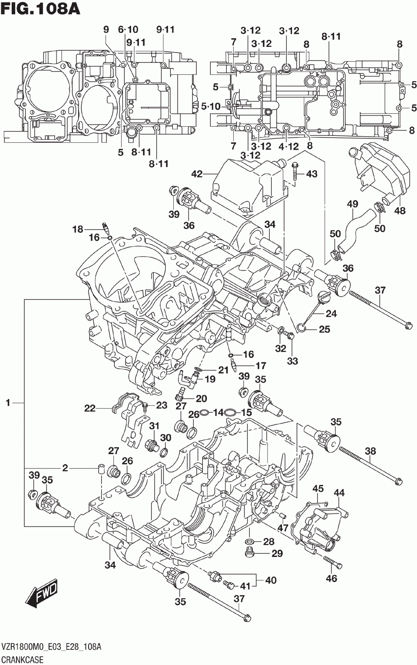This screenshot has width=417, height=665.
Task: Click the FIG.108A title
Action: coord(40,9)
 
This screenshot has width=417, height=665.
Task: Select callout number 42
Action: coord(197,174)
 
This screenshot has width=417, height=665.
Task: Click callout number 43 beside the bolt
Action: coord(311,174)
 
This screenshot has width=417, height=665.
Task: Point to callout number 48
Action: coord(400,211)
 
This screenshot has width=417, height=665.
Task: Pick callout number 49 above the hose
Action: coord(352,204)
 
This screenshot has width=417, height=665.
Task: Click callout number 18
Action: coord(77,229)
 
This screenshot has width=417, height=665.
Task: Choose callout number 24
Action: coord(331,313)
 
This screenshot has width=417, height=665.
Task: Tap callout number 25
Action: coord(324,329)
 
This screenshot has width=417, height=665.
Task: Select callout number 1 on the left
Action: coord(8,402)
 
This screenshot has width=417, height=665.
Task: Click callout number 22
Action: coord(90,408)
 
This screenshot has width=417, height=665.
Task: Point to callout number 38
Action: coord(371,451)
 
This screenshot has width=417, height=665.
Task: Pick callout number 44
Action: coord(339,493)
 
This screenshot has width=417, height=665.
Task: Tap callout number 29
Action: coord(277,553)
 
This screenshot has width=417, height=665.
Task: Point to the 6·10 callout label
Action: coord(128,30)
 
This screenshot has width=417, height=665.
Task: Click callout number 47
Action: coord(283,527)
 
